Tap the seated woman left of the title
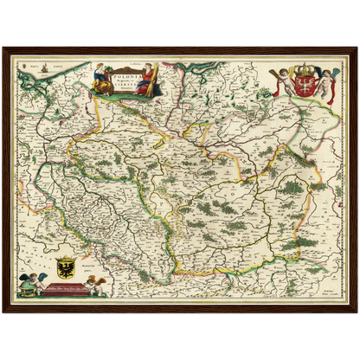100,76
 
